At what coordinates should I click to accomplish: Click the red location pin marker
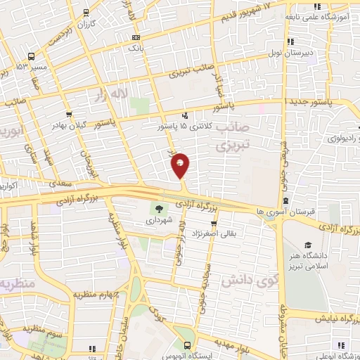[181, 165]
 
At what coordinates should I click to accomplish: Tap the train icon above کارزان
[86, 12]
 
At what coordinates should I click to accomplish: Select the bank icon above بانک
[136, 37]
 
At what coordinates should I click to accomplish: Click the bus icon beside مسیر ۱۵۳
[31, 56]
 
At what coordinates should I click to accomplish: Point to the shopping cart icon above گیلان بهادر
[68, 114]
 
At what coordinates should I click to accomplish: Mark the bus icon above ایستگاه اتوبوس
[187, 345]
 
